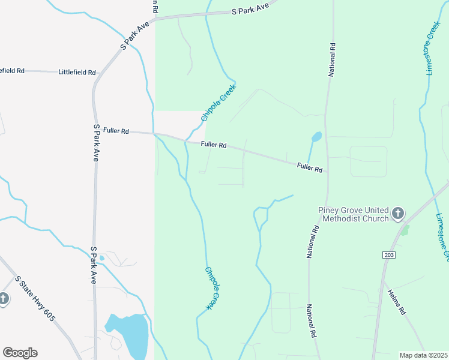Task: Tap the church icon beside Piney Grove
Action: click(398, 214)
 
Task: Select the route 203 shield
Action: click(388, 255)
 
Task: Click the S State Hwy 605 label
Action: click(35, 298)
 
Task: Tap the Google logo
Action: click(20, 353)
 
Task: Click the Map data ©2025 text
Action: click(423, 355)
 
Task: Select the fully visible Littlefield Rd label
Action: click(77, 72)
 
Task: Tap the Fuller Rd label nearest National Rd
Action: click(310, 167)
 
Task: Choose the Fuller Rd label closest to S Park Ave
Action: click(116, 130)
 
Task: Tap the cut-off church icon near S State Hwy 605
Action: click(4, 299)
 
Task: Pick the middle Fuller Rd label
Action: click(214, 145)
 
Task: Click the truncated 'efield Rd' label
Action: click(12, 70)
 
